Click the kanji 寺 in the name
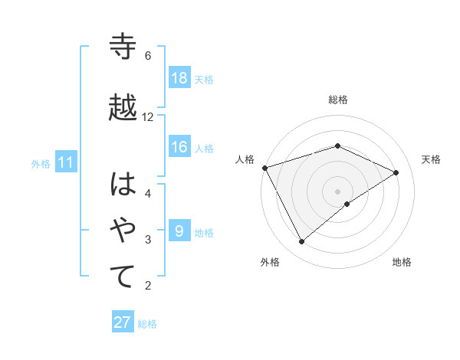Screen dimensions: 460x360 [123, 47]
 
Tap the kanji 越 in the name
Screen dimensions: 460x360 [123, 107]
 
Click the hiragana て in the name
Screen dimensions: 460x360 [123, 277]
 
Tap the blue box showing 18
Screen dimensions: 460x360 [179, 78]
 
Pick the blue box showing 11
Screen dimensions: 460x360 [65, 162]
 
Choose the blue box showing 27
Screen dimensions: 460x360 [123, 322]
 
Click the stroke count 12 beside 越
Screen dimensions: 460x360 [148, 116]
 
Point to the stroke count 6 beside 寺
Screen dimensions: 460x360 [148, 55]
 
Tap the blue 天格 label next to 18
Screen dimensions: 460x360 [204, 79]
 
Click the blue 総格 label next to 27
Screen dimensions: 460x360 [147, 323]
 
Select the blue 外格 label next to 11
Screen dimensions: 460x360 [41, 163]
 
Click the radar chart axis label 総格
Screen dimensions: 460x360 [337, 100]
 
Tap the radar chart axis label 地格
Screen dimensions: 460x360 [402, 262]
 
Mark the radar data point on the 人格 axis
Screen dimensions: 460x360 [264, 167]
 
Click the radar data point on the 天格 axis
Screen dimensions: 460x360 [396, 172]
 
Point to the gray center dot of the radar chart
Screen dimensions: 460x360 [337, 191]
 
